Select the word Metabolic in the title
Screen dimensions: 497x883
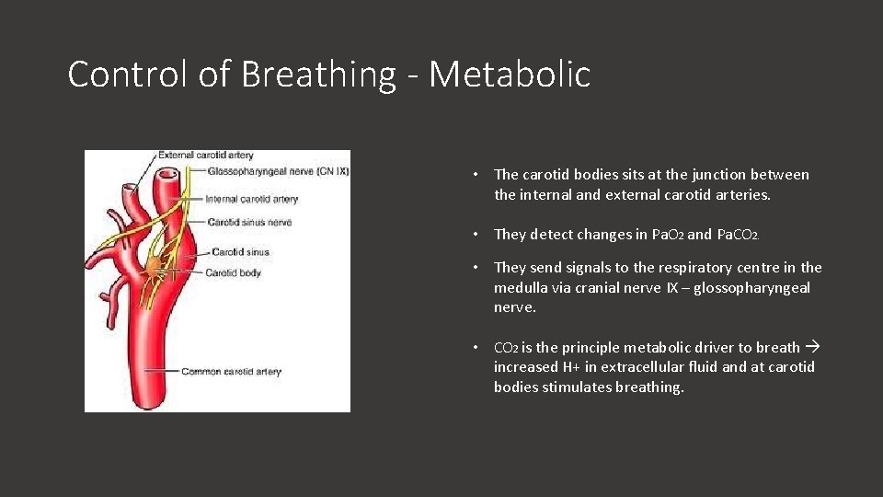510,74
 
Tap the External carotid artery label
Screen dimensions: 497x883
206,156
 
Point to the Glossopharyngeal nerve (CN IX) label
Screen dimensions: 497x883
278,170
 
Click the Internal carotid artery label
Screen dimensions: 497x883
252,199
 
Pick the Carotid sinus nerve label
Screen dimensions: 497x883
249,222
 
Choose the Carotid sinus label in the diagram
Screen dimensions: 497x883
240,251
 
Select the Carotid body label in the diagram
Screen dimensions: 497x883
234,272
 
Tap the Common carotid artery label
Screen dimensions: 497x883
231,372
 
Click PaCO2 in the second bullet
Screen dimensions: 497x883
738,235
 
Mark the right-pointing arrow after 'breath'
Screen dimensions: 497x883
812,347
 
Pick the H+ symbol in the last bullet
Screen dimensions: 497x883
573,367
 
